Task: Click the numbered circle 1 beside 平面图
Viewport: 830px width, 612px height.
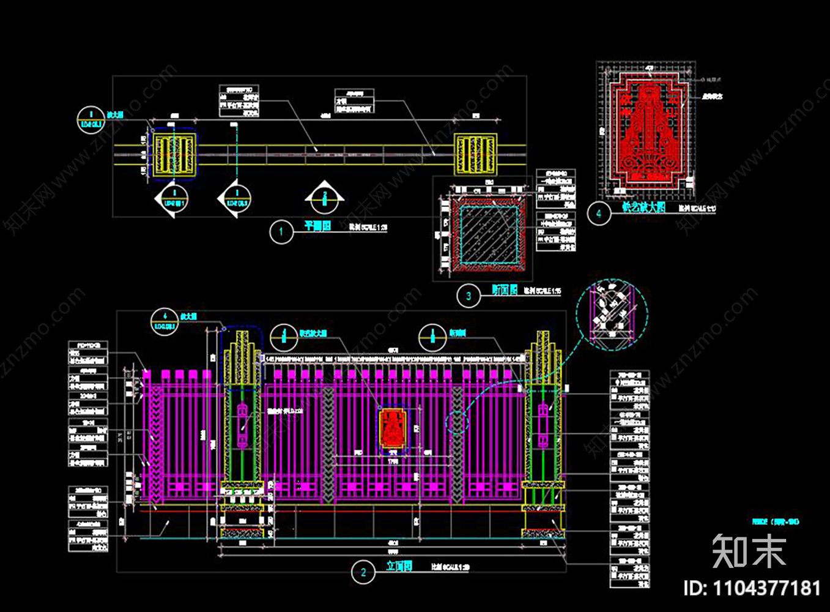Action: coord(281,232)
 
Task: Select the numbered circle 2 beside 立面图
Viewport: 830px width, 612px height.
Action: coord(363,572)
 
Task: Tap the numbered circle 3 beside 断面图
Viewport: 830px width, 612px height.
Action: coord(469,296)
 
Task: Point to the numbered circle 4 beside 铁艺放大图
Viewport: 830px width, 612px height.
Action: coord(599,214)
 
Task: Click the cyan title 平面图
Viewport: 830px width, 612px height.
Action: coord(317,226)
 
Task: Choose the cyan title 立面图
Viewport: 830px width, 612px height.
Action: coord(399,566)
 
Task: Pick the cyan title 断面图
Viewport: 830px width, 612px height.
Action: coord(505,290)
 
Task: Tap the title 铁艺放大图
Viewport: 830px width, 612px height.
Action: coord(643,207)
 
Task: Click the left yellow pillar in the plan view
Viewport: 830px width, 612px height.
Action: coord(174,154)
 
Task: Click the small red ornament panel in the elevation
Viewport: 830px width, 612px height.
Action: coord(392,428)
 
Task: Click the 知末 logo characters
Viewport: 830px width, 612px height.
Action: coord(749,551)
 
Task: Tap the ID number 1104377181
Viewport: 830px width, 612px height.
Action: coord(752,589)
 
